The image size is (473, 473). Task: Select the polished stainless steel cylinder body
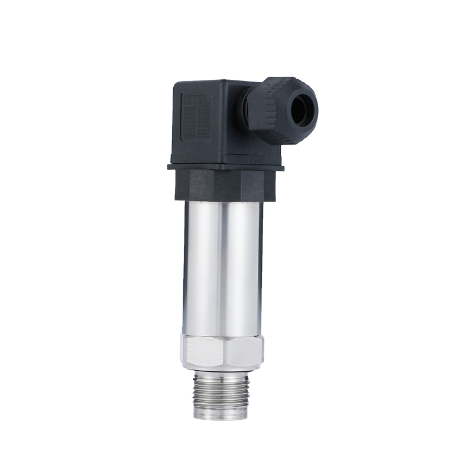point(222,266)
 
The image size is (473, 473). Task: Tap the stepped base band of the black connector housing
point(225,158)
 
